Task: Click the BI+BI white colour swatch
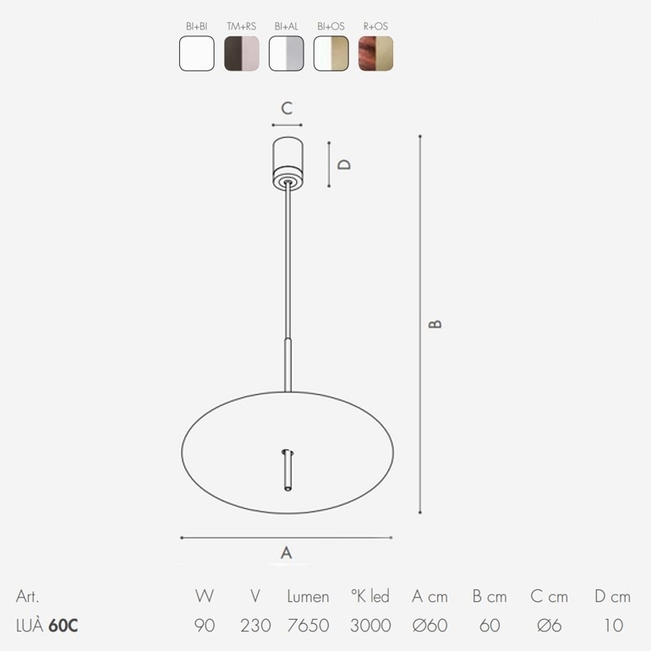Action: coord(197,53)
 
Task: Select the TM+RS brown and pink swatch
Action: coord(242,53)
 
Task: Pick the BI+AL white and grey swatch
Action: coord(287,53)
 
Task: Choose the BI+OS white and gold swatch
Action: coord(331,53)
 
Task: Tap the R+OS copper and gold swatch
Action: coord(375,53)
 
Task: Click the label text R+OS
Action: coord(375,26)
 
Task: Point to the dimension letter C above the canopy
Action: coord(287,108)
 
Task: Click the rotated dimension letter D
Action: coord(344,164)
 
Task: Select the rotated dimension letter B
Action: coord(435,324)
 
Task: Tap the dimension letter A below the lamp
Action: coord(287,553)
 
